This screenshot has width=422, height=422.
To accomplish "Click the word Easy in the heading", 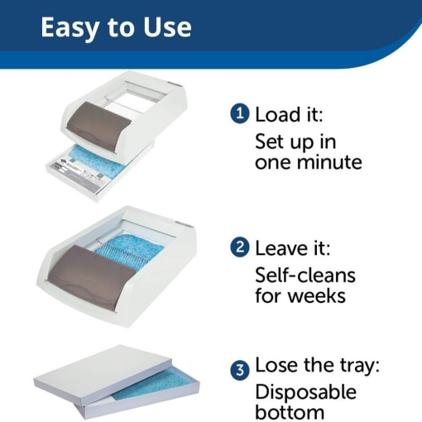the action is click(x=70, y=28).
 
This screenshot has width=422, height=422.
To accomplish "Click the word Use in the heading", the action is click(x=166, y=27).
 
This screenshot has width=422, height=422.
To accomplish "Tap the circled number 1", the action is click(x=240, y=113).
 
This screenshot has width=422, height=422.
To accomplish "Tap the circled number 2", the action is click(x=240, y=247).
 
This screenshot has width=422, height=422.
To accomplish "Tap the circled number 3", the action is click(x=240, y=370).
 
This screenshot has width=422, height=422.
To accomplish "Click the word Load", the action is click(x=278, y=114).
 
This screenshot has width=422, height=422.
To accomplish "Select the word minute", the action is click(x=330, y=162).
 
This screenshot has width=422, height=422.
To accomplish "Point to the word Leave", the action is click(x=281, y=248).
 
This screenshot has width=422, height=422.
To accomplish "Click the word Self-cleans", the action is click(x=305, y=276).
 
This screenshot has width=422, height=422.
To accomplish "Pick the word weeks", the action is click(x=317, y=295).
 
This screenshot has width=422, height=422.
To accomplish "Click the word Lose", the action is click(x=277, y=365).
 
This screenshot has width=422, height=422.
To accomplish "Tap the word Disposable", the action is click(x=305, y=392).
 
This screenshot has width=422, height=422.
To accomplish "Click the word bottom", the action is click(x=290, y=412).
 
